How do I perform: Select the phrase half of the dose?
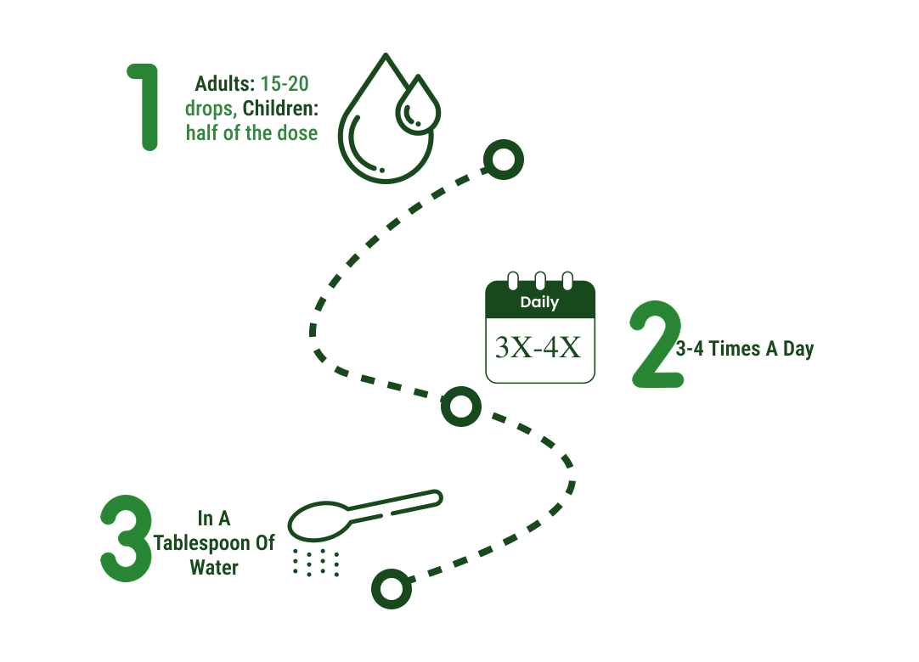pyautogui.click(x=251, y=133)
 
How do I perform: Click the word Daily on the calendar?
pyautogui.click(x=539, y=302)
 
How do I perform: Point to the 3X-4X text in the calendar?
pyautogui.click(x=538, y=348)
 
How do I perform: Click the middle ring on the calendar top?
pyautogui.click(x=539, y=281)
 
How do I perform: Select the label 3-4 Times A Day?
pyautogui.click(x=744, y=349)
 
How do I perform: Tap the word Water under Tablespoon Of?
pyautogui.click(x=214, y=568)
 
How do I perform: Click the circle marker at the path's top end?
pyautogui.click(x=503, y=159)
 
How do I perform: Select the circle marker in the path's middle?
pyautogui.click(x=460, y=407)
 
